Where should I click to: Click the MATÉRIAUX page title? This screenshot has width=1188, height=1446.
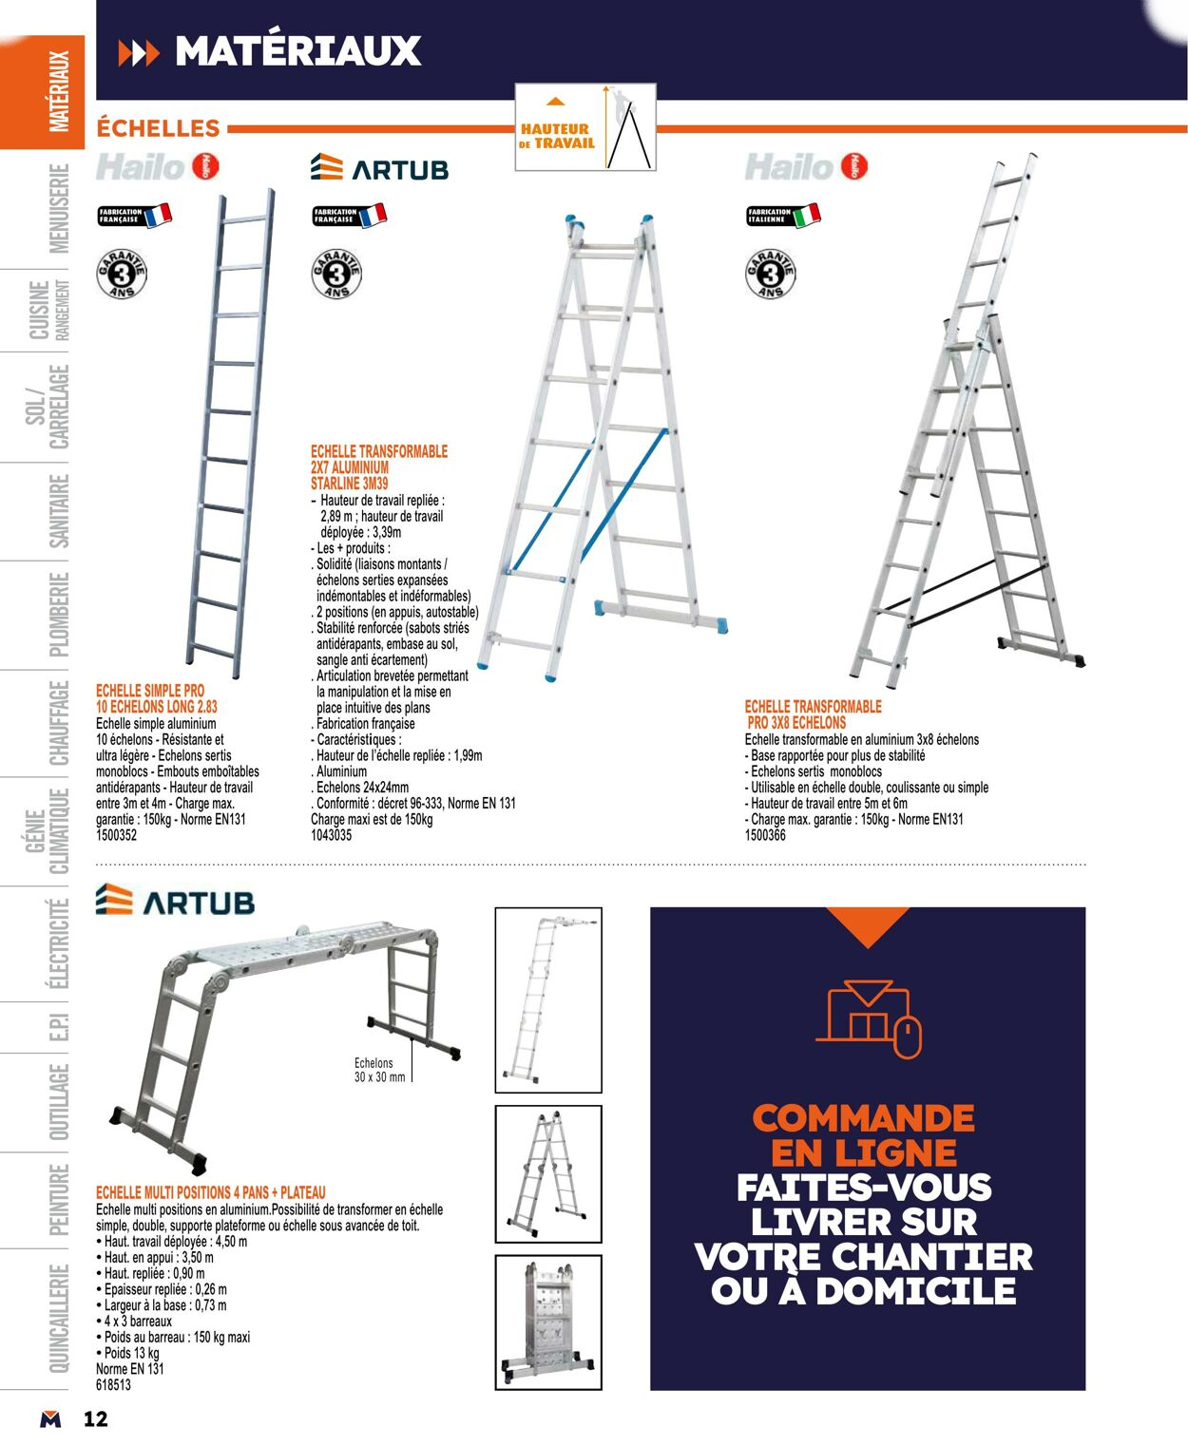point(297,50)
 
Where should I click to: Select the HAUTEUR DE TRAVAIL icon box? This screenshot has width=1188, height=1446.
point(585,127)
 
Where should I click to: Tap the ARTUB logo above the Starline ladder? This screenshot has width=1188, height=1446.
point(379,168)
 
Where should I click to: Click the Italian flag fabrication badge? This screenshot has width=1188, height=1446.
point(783,215)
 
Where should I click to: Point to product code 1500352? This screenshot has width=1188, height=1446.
point(116,835)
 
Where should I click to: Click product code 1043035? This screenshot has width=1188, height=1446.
point(331,835)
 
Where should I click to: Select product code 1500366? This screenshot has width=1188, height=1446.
point(765,835)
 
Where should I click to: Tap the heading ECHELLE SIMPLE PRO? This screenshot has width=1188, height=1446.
point(150,691)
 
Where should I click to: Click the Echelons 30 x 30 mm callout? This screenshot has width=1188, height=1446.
point(379,1070)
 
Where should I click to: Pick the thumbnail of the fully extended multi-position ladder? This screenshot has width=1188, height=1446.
point(548,999)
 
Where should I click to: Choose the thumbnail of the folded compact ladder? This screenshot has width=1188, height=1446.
point(548,1322)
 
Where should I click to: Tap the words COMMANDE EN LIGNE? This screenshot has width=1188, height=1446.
point(863,1135)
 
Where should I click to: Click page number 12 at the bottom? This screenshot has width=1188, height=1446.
point(95,1419)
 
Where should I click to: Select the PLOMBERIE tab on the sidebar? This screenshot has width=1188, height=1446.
point(59,614)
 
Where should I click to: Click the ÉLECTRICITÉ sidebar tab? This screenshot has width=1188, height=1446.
point(59,943)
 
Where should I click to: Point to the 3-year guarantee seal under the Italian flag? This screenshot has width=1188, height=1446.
point(770,275)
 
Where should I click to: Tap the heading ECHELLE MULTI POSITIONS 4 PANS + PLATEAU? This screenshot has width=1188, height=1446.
point(210,1191)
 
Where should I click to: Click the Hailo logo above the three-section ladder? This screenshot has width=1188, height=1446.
point(806,167)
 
